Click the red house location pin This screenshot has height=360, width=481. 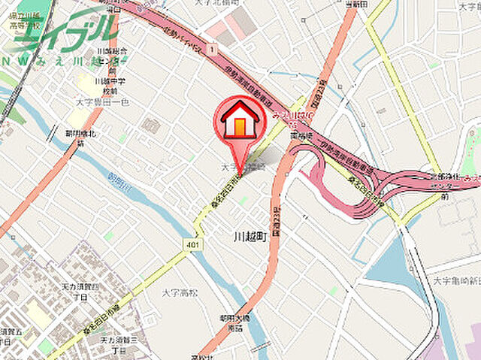point(240,123)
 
